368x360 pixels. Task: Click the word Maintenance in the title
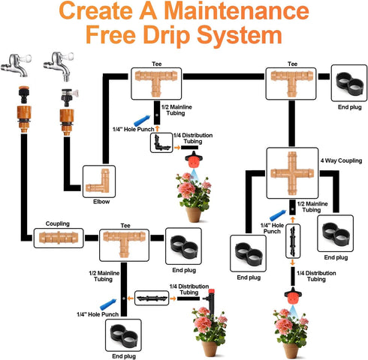click(237, 10)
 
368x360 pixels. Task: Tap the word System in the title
click(240, 35)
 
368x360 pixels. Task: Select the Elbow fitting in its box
click(99, 181)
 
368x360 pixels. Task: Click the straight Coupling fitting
click(59, 238)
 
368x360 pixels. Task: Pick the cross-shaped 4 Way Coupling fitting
click(292, 173)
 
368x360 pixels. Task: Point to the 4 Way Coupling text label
click(341, 160)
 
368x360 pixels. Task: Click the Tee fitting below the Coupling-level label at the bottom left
click(124, 243)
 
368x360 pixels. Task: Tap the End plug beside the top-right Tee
click(349, 84)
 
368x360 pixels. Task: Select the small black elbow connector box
click(161, 142)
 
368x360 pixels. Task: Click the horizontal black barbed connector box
click(152, 298)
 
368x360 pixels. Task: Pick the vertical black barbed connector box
click(293, 241)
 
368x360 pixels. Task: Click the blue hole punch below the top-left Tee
click(142, 121)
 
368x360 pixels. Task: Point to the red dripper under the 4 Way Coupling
click(293, 295)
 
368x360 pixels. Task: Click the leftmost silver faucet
click(17, 64)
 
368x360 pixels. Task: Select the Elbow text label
click(101, 202)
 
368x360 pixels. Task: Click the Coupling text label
click(58, 223)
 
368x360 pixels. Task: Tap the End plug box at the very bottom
click(123, 335)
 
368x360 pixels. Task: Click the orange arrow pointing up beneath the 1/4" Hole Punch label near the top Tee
click(157, 128)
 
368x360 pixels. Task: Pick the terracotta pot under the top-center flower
click(194, 214)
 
